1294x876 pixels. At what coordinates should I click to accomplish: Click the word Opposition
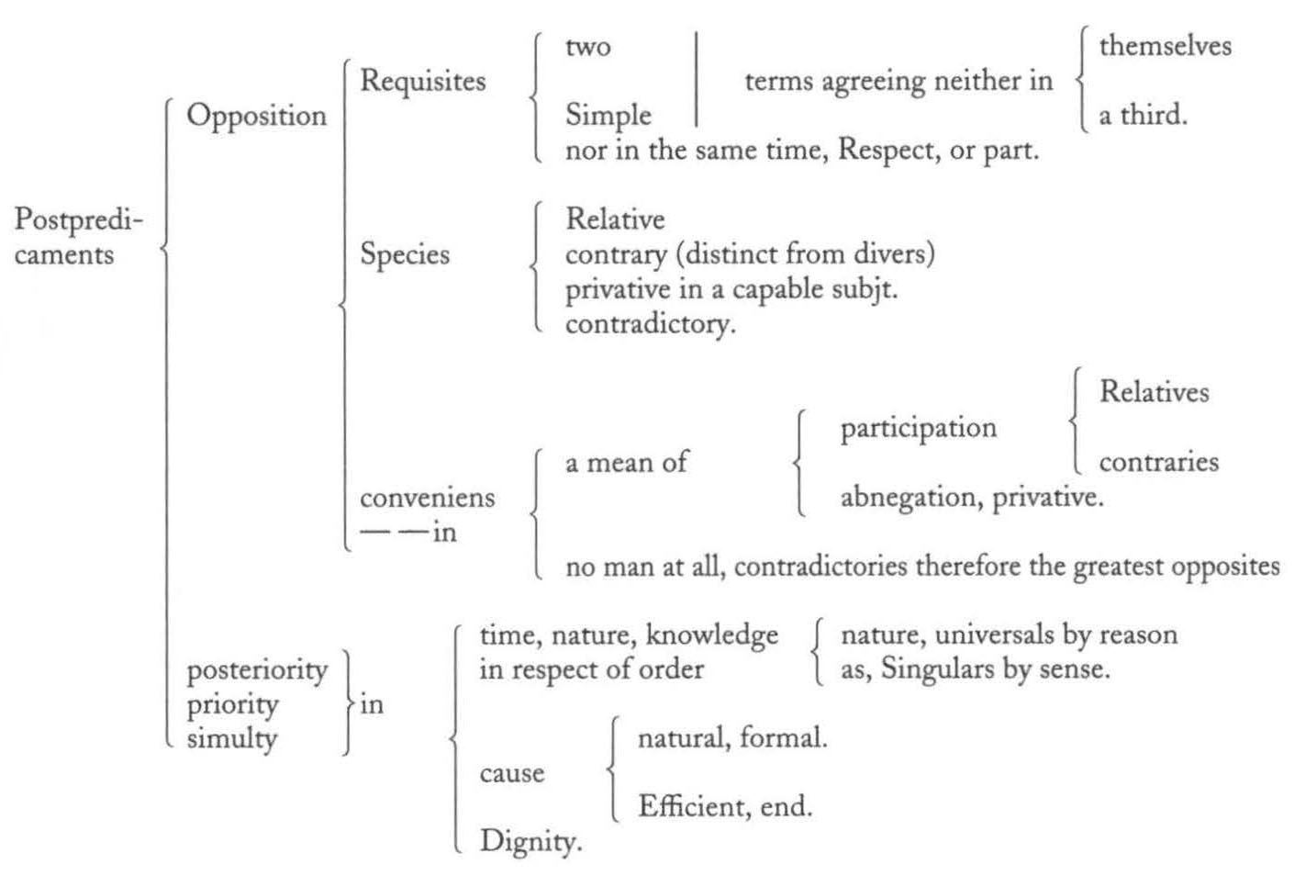pyautogui.click(x=256, y=117)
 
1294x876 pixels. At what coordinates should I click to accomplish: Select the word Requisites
pyautogui.click(x=423, y=82)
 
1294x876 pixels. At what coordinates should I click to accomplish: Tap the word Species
pyautogui.click(x=405, y=255)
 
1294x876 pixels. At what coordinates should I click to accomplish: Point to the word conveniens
pyautogui.click(x=428, y=498)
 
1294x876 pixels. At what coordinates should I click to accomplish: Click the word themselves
pyautogui.click(x=1166, y=46)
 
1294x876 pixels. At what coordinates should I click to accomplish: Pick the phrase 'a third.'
pyautogui.click(x=1143, y=115)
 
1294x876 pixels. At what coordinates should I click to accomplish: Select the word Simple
pyautogui.click(x=608, y=116)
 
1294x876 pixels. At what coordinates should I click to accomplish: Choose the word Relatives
pyautogui.click(x=1155, y=392)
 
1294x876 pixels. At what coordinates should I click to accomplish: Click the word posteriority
pyautogui.click(x=257, y=671)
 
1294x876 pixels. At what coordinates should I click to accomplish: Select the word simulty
pyautogui.click(x=231, y=739)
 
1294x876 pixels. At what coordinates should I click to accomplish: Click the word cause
pyautogui.click(x=512, y=774)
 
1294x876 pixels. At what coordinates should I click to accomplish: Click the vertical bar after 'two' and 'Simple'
pyautogui.click(x=697, y=79)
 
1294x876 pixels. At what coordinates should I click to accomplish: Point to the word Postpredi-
pyautogui.click(x=79, y=220)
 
